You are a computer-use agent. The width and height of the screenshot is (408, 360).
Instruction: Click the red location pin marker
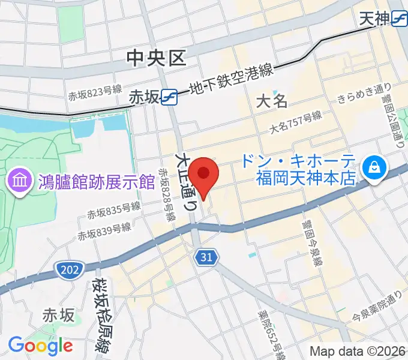click(x=204, y=175)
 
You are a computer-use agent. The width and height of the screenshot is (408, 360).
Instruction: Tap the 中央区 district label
click(x=157, y=58)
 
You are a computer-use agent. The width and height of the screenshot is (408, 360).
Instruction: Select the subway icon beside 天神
click(x=398, y=19)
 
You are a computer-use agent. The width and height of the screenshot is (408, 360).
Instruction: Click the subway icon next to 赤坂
click(x=169, y=96)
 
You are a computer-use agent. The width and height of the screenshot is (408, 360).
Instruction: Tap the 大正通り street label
click(x=185, y=179)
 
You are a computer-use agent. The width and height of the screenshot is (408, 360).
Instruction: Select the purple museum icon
click(x=16, y=179)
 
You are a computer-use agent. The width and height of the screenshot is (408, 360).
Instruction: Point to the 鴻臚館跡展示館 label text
click(x=89, y=179)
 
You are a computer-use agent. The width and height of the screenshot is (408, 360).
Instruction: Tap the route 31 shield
click(x=205, y=257)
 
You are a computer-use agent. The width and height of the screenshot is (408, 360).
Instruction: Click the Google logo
click(x=40, y=345)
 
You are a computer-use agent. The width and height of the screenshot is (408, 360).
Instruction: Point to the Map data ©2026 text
click(x=356, y=351)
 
